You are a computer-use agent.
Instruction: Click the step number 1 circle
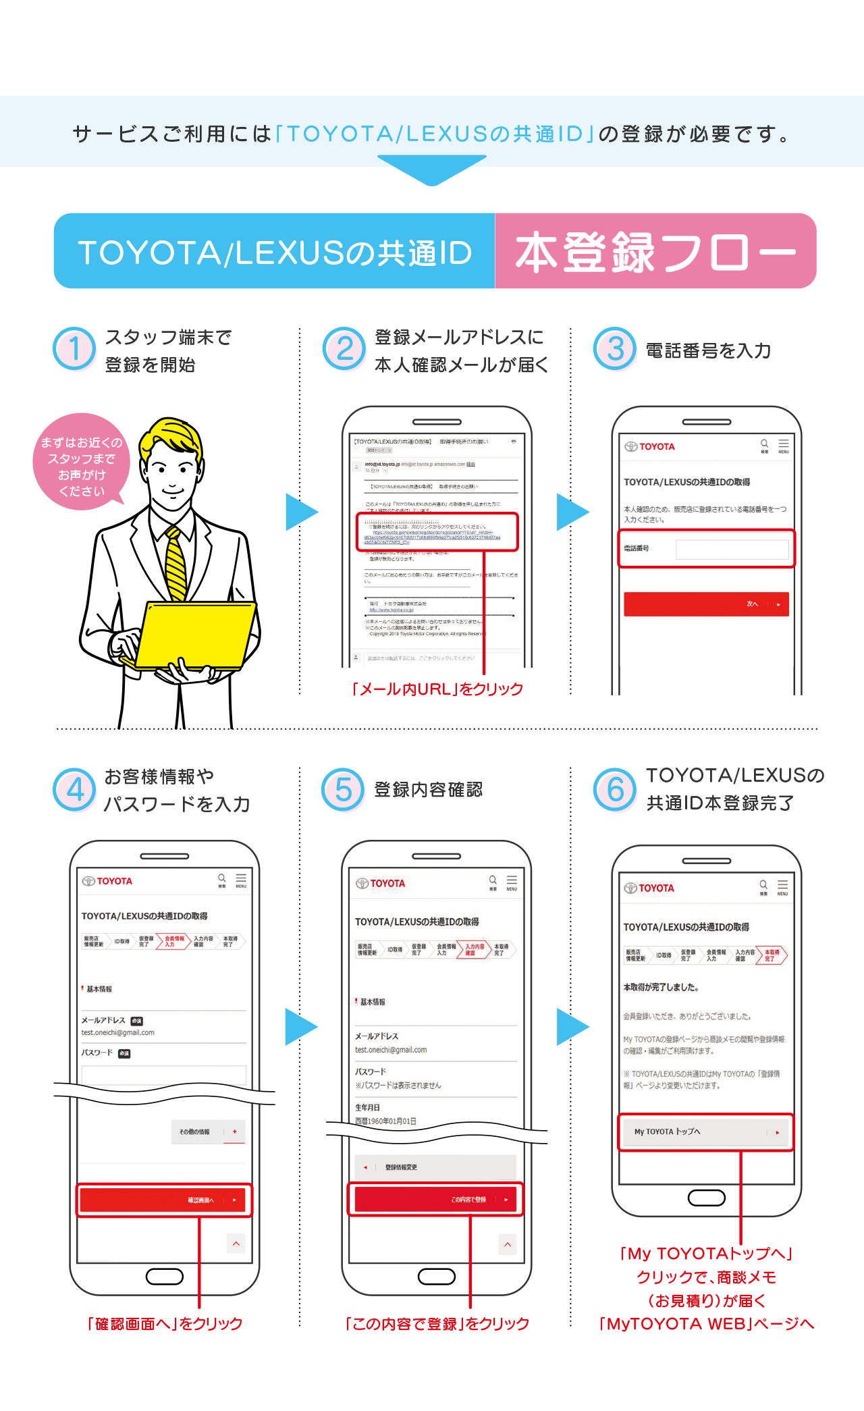click(x=74, y=348)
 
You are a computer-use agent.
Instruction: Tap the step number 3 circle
click(x=615, y=348)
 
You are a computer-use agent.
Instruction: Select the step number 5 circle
click(x=344, y=789)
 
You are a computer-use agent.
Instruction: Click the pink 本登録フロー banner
click(x=655, y=251)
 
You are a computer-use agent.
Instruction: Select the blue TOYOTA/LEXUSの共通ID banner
click(x=275, y=251)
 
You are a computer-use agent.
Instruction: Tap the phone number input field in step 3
click(x=732, y=550)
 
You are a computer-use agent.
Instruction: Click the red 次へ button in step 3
click(x=706, y=604)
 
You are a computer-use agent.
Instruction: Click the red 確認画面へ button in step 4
click(x=164, y=1200)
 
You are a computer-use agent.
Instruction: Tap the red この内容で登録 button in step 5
click(x=435, y=1199)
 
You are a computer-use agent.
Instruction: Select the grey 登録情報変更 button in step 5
click(x=435, y=1167)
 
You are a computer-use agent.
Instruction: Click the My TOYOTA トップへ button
click(x=705, y=1132)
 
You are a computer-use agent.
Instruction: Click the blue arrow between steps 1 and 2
click(x=300, y=512)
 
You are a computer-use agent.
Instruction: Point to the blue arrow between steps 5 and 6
click(x=572, y=1026)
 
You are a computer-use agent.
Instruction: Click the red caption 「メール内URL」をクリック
click(x=437, y=689)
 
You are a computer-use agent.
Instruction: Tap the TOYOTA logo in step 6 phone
click(x=649, y=888)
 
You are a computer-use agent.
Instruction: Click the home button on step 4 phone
click(x=164, y=1276)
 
